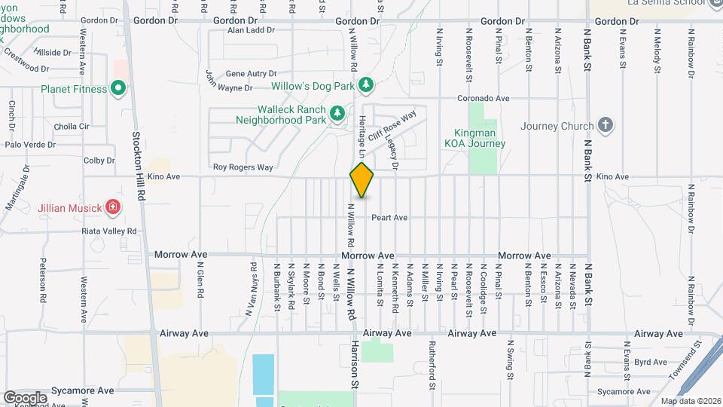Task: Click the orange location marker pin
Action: point(361,180)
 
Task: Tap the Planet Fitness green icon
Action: point(117,89)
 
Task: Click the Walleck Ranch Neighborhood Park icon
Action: point(338,114)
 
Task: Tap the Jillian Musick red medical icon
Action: point(112,206)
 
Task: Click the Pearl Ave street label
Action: point(389,218)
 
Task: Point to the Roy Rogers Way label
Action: point(243,167)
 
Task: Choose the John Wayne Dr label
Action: point(229,82)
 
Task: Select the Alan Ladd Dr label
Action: point(252,31)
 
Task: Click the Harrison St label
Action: point(354,363)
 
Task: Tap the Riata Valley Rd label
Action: point(111,231)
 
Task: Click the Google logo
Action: point(25,397)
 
